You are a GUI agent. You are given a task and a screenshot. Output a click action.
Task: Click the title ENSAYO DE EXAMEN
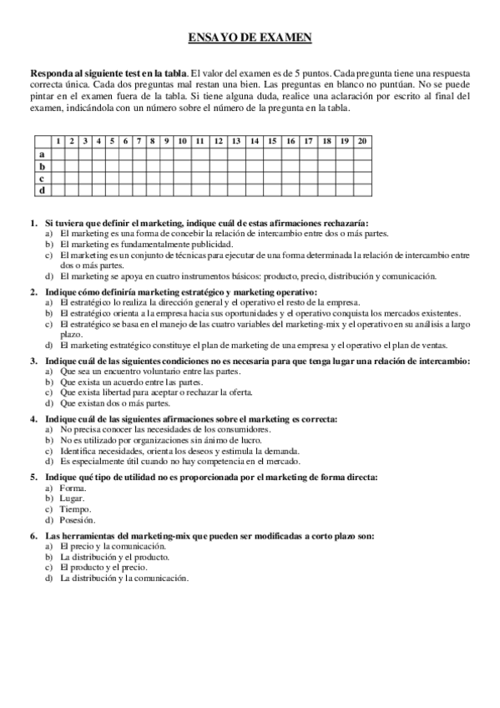pos(250,38)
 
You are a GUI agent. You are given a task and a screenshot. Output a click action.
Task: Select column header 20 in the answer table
pos(361,142)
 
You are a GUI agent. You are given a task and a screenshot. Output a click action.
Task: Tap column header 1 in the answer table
pos(58,142)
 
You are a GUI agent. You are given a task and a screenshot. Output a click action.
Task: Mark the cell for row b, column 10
pos(182,166)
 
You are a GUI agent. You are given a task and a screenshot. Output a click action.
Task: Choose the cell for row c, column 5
pos(113,179)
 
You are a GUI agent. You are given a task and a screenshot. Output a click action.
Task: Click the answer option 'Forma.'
pos(73,488)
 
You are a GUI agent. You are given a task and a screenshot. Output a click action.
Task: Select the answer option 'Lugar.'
pos(73,498)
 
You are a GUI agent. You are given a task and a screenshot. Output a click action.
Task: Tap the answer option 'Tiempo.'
pos(75,509)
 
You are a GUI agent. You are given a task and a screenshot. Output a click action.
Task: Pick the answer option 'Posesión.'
pos(78,520)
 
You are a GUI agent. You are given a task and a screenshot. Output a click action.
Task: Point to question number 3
pos(33,361)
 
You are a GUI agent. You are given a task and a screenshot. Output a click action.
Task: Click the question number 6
pos(33,534)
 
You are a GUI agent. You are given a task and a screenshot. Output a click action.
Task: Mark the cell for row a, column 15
pos(272,154)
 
